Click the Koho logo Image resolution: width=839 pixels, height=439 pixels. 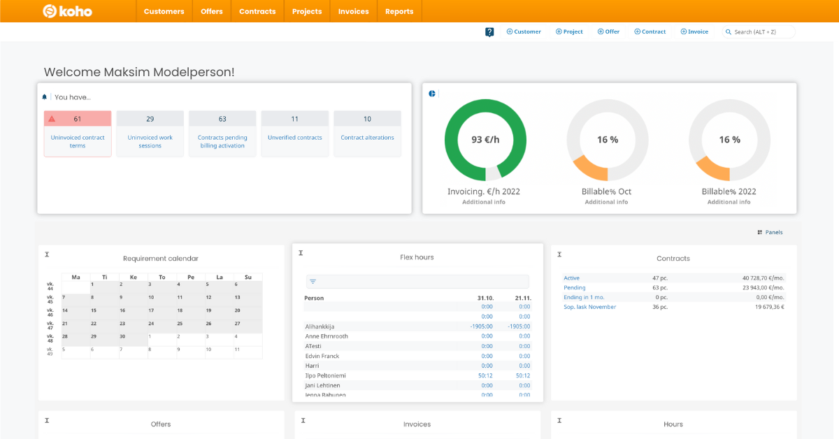[x=67, y=11]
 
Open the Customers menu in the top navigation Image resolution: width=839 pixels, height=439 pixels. [x=164, y=11]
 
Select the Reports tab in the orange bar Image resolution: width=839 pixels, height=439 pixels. [x=399, y=11]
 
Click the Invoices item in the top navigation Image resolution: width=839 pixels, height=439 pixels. [x=353, y=11]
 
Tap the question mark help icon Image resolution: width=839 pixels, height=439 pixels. [x=489, y=32]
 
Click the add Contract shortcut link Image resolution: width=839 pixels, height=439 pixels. [x=650, y=31]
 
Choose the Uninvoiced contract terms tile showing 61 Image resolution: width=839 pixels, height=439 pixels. [x=78, y=134]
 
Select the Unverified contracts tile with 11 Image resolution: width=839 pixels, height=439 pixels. [x=295, y=134]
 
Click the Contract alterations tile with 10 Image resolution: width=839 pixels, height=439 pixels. [x=367, y=134]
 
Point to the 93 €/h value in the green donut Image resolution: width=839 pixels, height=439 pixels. [x=485, y=140]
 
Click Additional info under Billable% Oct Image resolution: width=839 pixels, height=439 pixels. [x=606, y=202]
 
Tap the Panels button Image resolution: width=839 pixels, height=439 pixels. [x=770, y=232]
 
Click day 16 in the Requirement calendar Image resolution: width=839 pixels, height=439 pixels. [x=122, y=310]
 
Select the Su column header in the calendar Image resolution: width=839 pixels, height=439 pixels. [x=248, y=278]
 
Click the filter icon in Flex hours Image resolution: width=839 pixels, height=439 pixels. [x=313, y=282]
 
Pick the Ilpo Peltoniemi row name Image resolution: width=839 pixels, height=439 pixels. [x=325, y=375]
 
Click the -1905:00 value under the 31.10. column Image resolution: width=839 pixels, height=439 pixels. [x=482, y=326]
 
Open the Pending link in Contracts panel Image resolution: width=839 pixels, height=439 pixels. [x=575, y=287]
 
